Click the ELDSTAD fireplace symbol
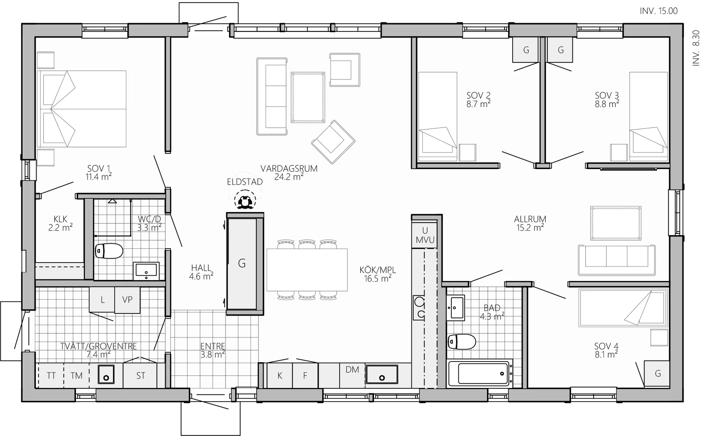245,200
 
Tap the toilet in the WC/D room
109,251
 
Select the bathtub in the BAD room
480,373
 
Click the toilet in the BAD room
462,342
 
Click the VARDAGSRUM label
289,168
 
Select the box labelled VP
127,300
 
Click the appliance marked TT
51,375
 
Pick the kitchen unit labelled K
280,375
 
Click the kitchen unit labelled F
305,375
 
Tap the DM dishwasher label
352,370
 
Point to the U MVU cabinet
425,235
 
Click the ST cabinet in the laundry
140,375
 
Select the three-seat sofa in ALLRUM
617,260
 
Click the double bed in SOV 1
81,109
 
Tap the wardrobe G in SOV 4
657,373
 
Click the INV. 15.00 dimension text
659,11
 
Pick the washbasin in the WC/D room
146,271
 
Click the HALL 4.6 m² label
201,272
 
